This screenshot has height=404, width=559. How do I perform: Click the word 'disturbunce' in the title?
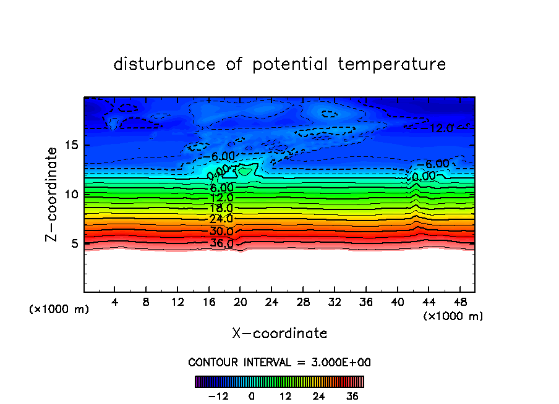[x=164, y=64]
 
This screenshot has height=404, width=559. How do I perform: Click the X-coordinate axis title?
[x=279, y=334]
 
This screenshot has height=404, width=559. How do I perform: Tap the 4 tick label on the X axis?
[x=115, y=302]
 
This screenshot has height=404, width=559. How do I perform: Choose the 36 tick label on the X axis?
[x=365, y=302]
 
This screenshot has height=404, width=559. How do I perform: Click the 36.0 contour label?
[x=221, y=243]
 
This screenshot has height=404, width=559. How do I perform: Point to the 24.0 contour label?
[x=221, y=219]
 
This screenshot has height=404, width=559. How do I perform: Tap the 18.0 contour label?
[x=221, y=209]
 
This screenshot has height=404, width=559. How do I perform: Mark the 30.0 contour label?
[x=221, y=232]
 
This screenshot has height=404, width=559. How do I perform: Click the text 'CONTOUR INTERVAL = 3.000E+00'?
[x=279, y=362]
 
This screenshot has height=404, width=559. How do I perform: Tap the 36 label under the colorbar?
[x=352, y=396]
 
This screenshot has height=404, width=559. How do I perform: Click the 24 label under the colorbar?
[x=318, y=396]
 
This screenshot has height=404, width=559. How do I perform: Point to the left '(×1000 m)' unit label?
[x=59, y=309]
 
